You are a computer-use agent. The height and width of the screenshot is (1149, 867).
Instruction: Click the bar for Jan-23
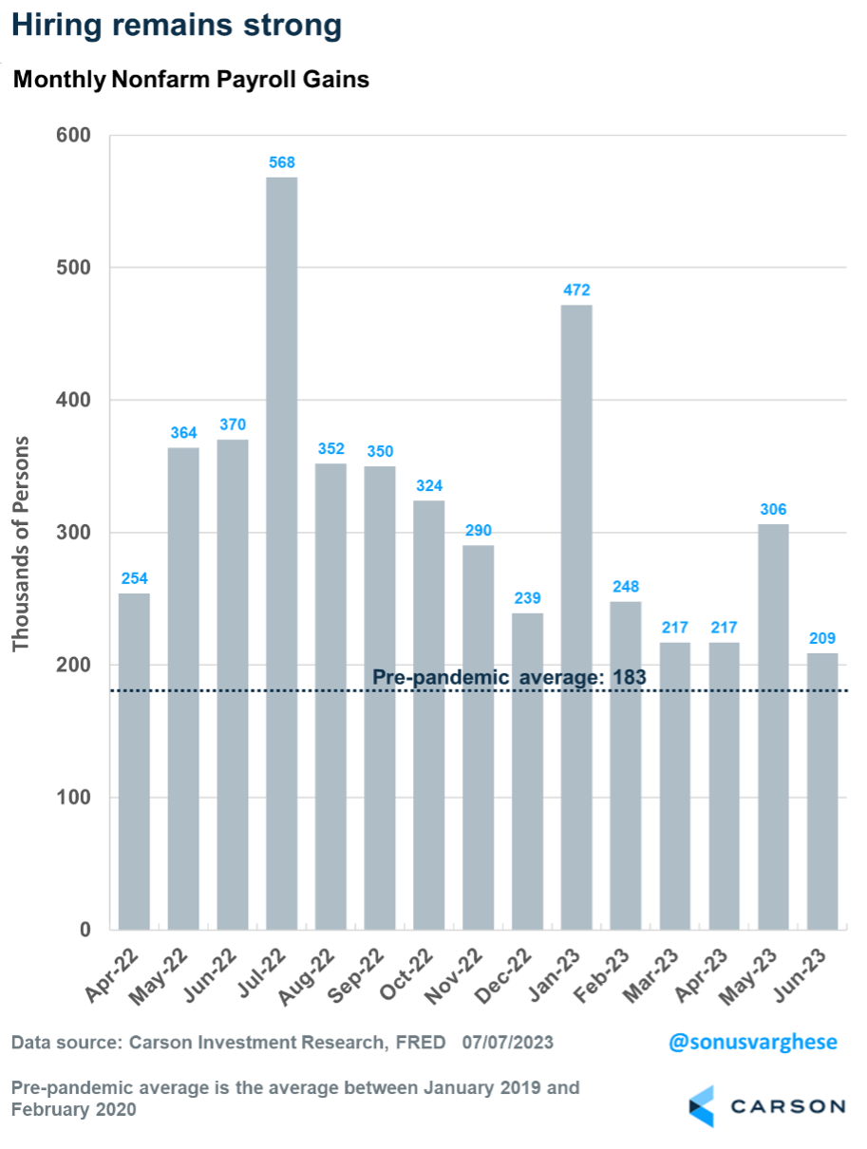[x=576, y=616]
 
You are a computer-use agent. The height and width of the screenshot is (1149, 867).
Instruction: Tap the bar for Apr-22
[x=134, y=761]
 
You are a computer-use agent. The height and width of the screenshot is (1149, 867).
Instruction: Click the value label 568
[x=282, y=161]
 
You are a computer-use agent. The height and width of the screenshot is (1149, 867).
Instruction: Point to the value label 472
[x=576, y=289]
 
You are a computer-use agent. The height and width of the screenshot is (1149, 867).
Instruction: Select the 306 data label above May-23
[x=773, y=509]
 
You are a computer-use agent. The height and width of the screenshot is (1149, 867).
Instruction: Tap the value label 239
[x=527, y=597]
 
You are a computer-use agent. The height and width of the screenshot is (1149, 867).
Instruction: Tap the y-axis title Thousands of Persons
[x=21, y=543]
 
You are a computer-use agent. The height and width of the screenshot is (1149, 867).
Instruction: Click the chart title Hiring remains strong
[x=177, y=26]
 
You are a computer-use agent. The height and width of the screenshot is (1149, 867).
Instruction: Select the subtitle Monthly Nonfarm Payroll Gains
[x=191, y=81]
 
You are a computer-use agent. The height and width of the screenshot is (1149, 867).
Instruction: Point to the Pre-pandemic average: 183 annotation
[x=508, y=677]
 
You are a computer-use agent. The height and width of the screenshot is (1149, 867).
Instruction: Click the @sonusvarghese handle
[x=753, y=1042]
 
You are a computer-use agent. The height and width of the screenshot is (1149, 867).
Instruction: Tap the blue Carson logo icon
[x=702, y=1106]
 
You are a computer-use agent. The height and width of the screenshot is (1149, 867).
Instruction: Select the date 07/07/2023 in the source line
[x=508, y=1043]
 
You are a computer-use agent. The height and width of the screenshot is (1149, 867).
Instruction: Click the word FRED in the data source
[x=420, y=1043]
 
